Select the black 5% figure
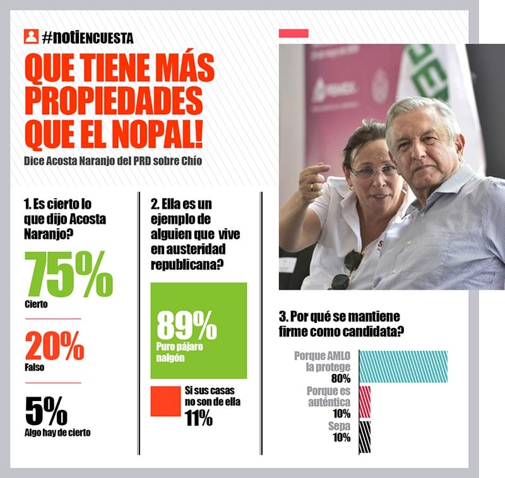(46, 411)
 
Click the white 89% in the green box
(186, 325)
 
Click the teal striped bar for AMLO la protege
(403, 366)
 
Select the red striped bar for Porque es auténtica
(365, 402)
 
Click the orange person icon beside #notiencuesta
(30, 37)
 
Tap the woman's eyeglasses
(372, 171)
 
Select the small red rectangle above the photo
(294, 33)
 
